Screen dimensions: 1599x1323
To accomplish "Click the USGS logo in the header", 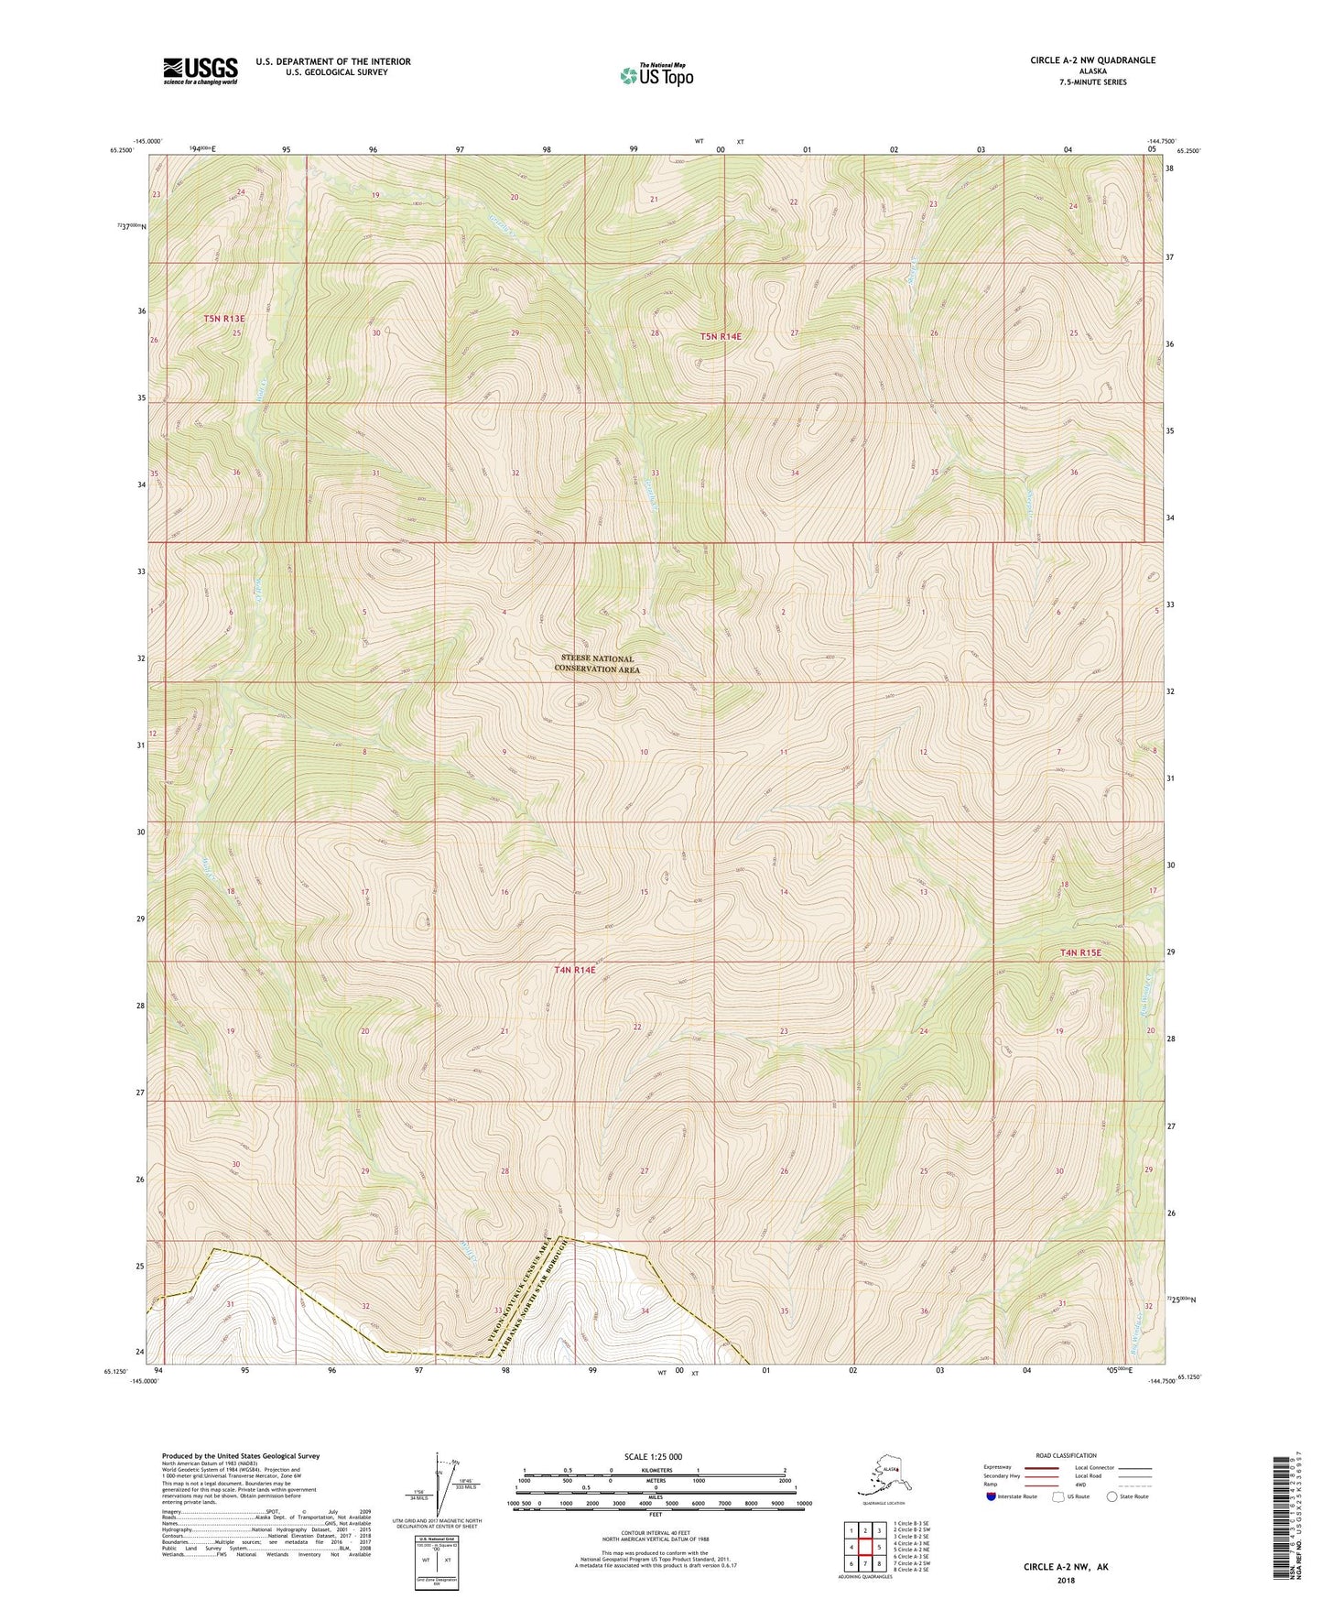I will click(x=200, y=71).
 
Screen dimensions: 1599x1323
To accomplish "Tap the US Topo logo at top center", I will click(x=656, y=75).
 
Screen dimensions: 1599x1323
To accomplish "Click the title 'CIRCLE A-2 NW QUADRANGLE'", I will click(x=1091, y=60).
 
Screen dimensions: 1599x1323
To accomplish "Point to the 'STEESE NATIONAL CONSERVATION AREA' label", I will click(x=597, y=664).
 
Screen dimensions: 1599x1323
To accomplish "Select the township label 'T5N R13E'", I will click(x=224, y=319).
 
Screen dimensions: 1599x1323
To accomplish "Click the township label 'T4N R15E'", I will click(x=1080, y=952).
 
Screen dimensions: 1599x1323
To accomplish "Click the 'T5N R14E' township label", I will click(x=721, y=336).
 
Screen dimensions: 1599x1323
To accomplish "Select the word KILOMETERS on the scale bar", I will click(x=653, y=1469).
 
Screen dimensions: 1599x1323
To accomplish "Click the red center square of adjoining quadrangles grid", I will click(x=864, y=1547).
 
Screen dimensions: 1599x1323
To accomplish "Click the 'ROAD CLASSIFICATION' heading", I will click(x=1066, y=1455).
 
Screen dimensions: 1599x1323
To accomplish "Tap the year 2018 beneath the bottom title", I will click(x=1065, y=1579).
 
